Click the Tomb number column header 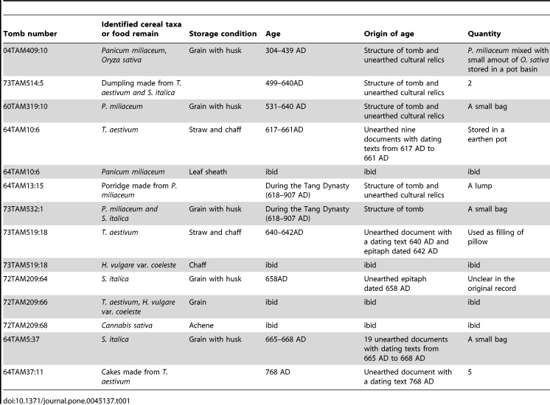pos(29,34)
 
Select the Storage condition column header pos(223,34)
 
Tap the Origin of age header pos(389,34)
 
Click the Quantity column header pos(484,34)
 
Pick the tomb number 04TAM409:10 pos(25,51)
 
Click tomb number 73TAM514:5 pos(23,83)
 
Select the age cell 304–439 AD pos(285,51)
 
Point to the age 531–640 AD pos(285,107)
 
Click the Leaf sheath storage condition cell pos(208,172)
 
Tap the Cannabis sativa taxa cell pos(127,325)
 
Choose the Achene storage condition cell pos(201,325)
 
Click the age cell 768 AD pos(277,372)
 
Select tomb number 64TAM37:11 pos(23,372)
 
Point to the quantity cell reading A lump pos(479,186)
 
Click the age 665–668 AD pos(285,339)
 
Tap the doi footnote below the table pos(66,401)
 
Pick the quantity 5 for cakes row pos(470,372)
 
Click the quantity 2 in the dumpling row pos(470,83)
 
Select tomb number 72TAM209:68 pos(25,325)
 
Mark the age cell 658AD pos(276,279)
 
